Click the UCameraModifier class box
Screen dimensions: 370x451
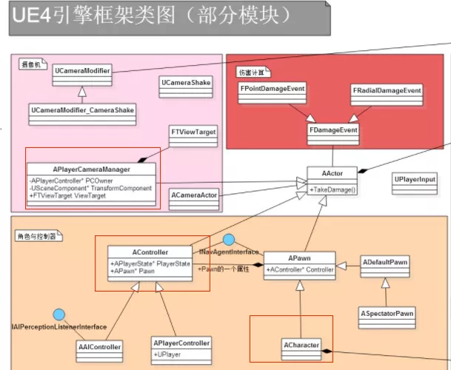pyautogui.click(x=82, y=72)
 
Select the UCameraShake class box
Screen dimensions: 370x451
pyautogui.click(x=185, y=82)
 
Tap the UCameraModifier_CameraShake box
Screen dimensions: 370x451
pyautogui.click(x=82, y=110)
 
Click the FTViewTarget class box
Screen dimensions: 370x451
pyautogui.click(x=193, y=132)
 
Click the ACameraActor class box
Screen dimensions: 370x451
pyautogui.click(x=195, y=195)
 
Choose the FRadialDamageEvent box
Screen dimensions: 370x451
pyautogui.click(x=386, y=91)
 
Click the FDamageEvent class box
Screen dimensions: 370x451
pyautogui.click(x=333, y=129)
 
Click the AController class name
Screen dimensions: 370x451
pyautogui.click(x=148, y=252)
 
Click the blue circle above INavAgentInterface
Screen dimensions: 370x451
pyautogui.click(x=229, y=239)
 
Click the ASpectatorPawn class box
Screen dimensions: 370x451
pyautogui.click(x=387, y=314)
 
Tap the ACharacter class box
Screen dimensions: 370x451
pyautogui.click(x=301, y=345)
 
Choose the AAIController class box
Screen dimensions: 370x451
pyautogui.click(x=99, y=346)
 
